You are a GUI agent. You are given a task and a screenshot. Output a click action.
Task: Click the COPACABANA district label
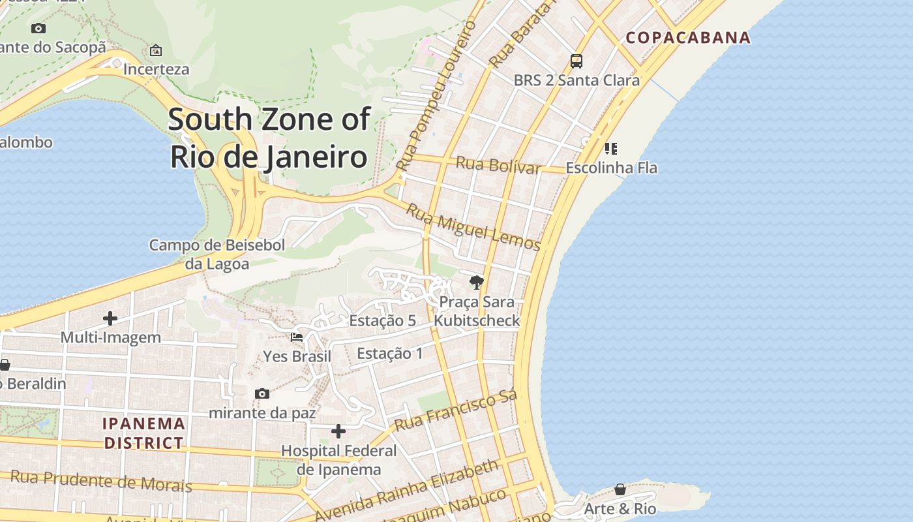coord(688,37)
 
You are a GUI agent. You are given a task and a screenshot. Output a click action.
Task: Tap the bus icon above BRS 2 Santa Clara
coord(576,61)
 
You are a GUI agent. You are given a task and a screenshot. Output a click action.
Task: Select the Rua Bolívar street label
coord(498,165)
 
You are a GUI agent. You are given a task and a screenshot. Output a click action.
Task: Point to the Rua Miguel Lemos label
coord(473,227)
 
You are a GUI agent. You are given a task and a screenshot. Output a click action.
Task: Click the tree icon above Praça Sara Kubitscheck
coord(477,283)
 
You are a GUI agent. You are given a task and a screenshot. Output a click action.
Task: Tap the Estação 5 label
coord(382,320)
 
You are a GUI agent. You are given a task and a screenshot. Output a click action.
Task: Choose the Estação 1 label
coord(390,354)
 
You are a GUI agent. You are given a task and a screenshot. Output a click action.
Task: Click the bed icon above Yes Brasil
coord(297,337)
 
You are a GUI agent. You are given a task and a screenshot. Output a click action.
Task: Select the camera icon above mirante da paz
coord(262,393)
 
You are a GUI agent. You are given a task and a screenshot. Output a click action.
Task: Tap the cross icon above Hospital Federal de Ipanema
coord(338,431)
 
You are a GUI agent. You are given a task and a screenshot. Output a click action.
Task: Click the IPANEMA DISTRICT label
coord(144,433)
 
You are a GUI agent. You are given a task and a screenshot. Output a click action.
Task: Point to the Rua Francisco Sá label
coord(456,410)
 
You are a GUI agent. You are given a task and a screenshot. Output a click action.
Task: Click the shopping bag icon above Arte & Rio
coord(620,489)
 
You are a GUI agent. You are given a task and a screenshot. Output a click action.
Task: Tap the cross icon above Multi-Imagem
coord(110,318)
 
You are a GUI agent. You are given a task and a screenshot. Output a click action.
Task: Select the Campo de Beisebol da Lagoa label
coord(217,254)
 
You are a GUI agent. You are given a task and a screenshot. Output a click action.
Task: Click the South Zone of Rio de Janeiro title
coord(269,138)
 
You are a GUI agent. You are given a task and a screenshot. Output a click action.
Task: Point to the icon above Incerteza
coord(156,50)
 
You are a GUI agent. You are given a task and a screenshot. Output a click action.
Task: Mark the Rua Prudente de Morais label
coord(102,482)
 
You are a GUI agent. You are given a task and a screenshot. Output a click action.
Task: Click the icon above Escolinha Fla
coord(611,149)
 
